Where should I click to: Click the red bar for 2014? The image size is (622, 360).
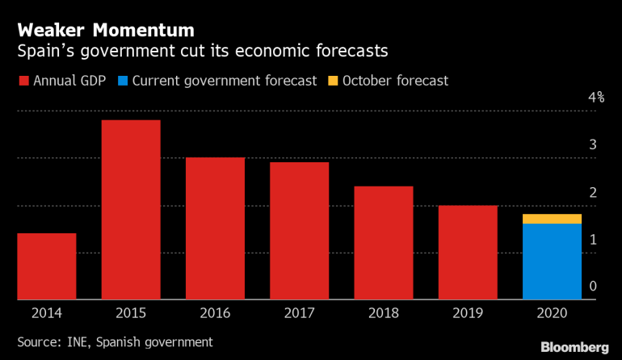[46, 266]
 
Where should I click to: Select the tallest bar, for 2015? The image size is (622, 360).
[131, 210]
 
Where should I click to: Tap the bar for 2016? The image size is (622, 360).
[215, 228]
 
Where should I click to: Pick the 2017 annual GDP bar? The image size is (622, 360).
[300, 231]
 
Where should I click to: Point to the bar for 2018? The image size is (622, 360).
[384, 243]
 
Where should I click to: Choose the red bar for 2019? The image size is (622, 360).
[469, 253]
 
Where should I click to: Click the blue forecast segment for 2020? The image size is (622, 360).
[553, 262]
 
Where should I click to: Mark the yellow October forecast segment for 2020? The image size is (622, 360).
[553, 219]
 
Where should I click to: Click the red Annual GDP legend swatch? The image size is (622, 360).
[23, 81]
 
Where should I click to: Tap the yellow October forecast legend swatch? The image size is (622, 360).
[332, 81]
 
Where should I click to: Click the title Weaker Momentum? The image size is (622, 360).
[106, 31]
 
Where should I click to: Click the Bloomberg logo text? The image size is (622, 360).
[574, 346]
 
